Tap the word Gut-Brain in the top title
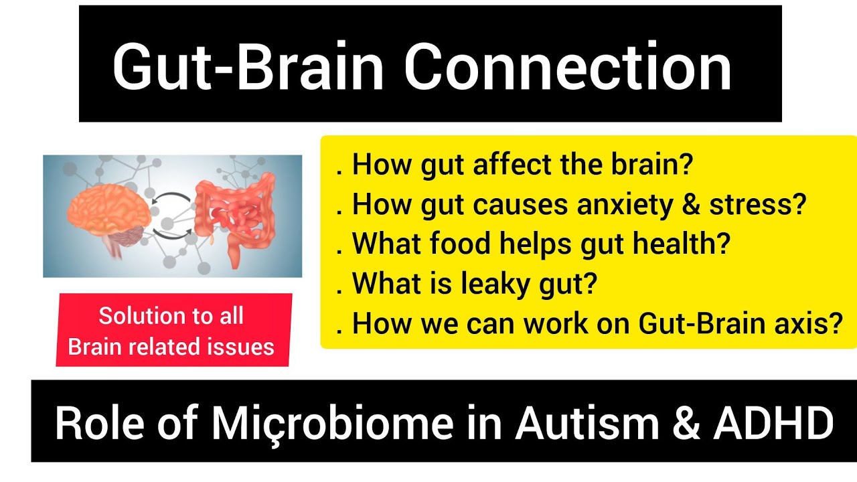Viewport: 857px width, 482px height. (x=248, y=68)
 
